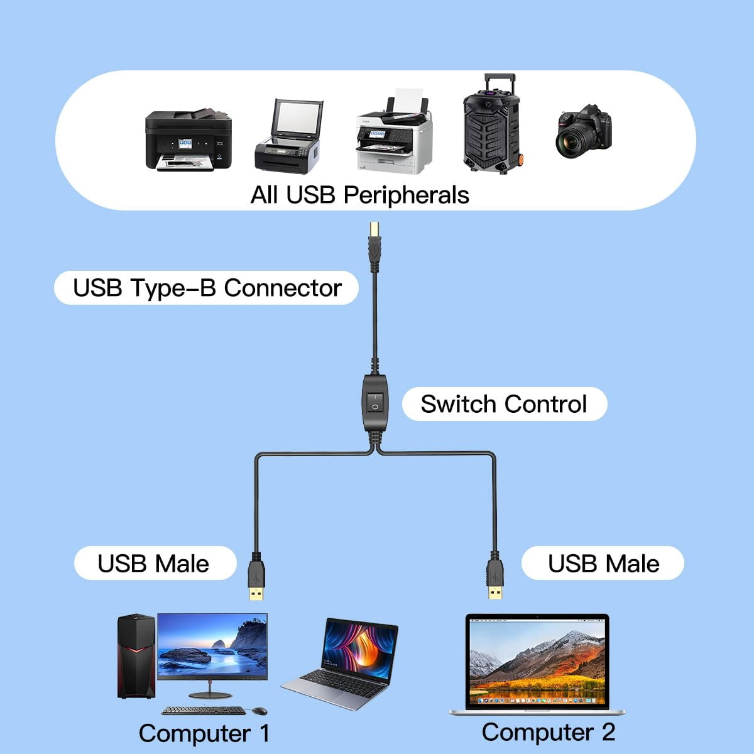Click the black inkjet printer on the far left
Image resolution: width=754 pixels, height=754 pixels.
(188, 140)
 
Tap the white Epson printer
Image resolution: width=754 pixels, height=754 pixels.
(394, 136)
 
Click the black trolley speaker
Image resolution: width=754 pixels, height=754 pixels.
(491, 125)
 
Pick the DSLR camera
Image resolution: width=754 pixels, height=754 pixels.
(583, 131)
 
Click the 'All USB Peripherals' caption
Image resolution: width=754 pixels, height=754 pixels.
(359, 195)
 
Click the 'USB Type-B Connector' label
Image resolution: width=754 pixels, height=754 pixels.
(207, 288)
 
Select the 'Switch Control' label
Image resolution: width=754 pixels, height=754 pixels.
(504, 404)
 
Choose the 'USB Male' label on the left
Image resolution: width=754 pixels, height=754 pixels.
(154, 564)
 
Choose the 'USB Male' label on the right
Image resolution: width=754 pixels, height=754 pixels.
(603, 564)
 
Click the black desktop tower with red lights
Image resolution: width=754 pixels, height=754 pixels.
(136, 657)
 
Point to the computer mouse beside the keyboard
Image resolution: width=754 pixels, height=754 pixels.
(258, 711)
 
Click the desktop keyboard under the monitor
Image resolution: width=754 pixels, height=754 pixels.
(204, 711)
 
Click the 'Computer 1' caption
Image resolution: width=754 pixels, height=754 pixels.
(204, 733)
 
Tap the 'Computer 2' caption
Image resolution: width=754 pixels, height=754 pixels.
(548, 732)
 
